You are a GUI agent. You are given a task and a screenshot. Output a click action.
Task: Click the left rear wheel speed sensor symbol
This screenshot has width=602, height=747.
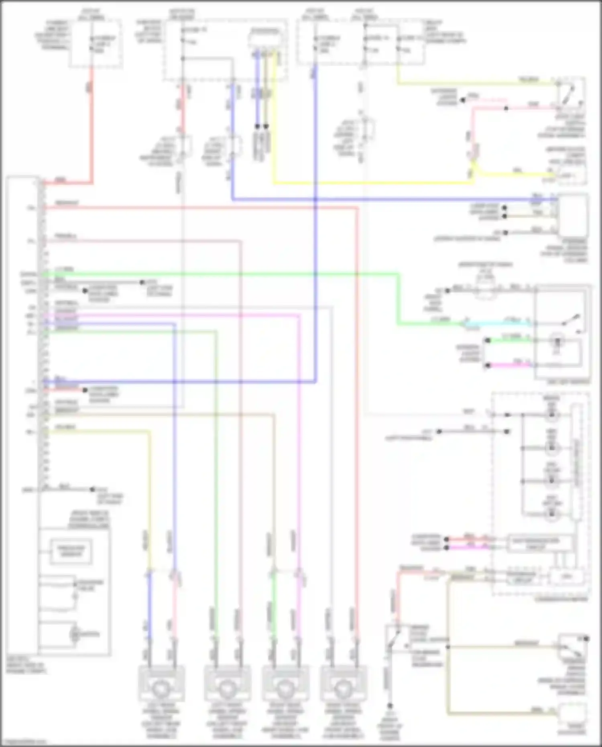click(161, 689)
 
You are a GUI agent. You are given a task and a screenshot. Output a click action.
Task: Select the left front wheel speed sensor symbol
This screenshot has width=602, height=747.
click(227, 689)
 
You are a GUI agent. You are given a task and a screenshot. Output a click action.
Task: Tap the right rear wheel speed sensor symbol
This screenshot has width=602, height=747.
click(285, 689)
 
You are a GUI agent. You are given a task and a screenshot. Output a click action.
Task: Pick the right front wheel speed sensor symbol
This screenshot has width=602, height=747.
click(343, 689)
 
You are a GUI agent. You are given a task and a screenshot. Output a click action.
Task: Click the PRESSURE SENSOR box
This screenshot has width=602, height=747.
click(71, 551)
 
